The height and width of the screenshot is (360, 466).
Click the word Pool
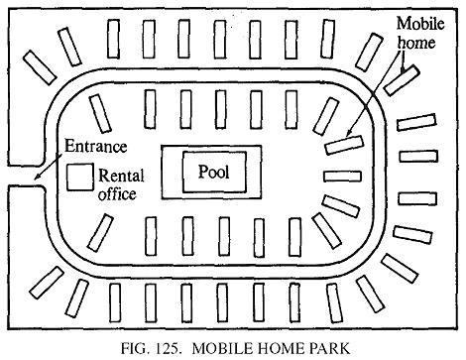[x=213, y=171]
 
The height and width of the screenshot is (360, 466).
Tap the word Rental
[x=120, y=176]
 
